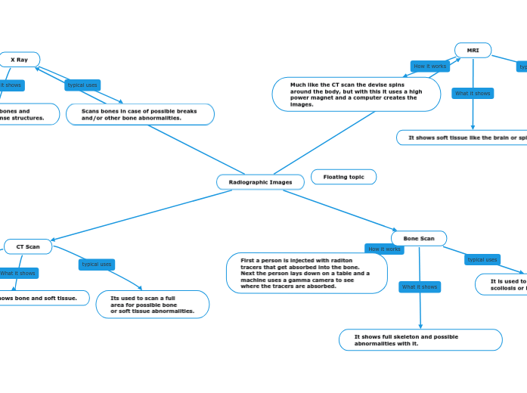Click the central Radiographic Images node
[260, 182]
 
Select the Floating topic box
[343, 177]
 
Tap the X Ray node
[19, 60]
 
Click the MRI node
[473, 51]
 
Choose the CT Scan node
[28, 246]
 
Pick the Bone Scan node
[418, 239]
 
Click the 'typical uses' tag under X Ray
[82, 85]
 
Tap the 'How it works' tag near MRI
[429, 67]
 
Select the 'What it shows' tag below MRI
[473, 94]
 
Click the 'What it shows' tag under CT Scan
[17, 273]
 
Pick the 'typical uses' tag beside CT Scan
[97, 265]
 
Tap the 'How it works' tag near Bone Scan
[384, 249]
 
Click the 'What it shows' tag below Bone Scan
[420, 287]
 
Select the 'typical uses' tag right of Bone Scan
[482, 259]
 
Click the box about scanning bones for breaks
[140, 114]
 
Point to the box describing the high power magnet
[356, 95]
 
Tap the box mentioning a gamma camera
[306, 274]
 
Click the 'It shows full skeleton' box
[420, 340]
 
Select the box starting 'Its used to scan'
[153, 305]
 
